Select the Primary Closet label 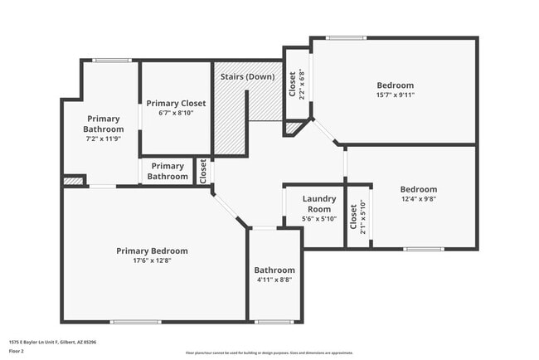[176, 103]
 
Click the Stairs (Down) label [247, 77]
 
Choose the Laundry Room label [318, 204]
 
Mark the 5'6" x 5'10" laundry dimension [318, 219]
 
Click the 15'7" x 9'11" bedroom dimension [395, 95]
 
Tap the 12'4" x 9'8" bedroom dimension [418, 199]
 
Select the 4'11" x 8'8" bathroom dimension [274, 280]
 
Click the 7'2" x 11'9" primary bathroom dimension [104, 139]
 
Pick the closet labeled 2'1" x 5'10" [357, 218]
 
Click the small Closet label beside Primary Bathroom [203, 171]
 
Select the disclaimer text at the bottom [269, 353]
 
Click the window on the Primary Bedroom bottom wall [135, 322]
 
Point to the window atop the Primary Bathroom [111, 60]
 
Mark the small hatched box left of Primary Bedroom [73, 180]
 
